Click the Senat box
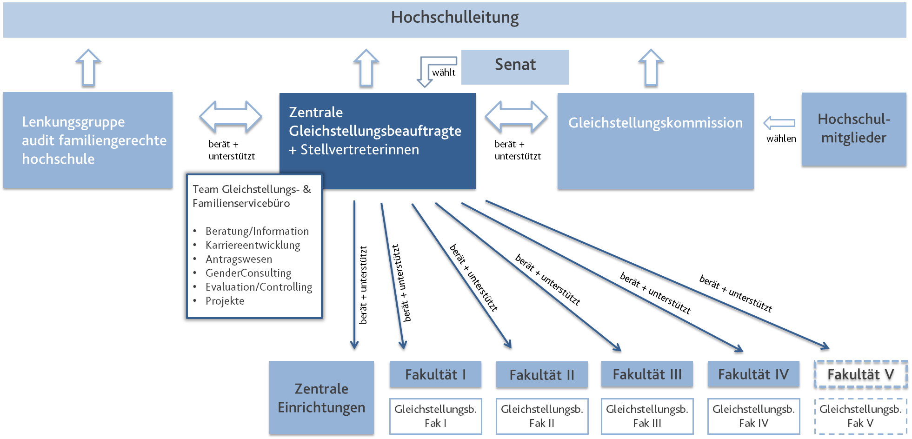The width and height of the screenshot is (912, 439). click(x=515, y=67)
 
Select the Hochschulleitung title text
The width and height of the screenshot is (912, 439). click(x=454, y=18)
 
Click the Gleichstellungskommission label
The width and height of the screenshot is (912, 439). click(x=655, y=123)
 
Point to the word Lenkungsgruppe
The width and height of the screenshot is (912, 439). click(x=73, y=122)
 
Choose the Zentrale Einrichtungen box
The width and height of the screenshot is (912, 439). click(x=321, y=398)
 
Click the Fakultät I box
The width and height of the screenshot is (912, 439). click(x=435, y=374)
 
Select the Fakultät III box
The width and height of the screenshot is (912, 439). click(x=647, y=374)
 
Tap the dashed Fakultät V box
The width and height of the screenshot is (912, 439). click(x=860, y=375)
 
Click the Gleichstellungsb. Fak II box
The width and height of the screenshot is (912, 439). click(x=542, y=416)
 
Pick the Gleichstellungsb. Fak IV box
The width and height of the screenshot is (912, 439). click(x=753, y=416)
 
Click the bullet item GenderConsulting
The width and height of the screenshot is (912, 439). click(x=248, y=273)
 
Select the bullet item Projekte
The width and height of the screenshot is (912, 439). click(x=225, y=301)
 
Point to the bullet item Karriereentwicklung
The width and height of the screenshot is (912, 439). click(x=253, y=245)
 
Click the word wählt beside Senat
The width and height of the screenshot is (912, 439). click(x=444, y=73)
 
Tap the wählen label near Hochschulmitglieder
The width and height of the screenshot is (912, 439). click(x=781, y=139)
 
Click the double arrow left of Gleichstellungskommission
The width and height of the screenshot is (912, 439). click(x=516, y=117)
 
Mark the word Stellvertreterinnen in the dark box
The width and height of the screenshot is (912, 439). click(x=359, y=150)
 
